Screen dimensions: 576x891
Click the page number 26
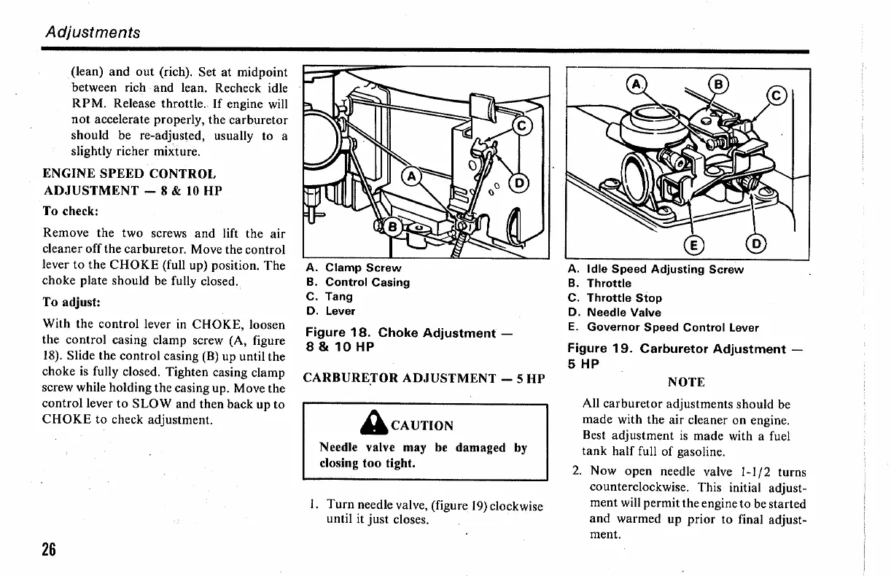pyautogui.click(x=48, y=549)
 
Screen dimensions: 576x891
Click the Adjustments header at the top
pyautogui.click(x=93, y=32)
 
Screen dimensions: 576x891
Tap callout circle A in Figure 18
pyautogui.click(x=412, y=177)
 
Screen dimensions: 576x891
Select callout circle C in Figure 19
pyautogui.click(x=777, y=96)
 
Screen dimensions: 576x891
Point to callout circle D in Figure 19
pyautogui.click(x=757, y=244)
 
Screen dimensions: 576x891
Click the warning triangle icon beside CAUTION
pyautogui.click(x=381, y=424)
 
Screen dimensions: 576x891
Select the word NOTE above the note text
pyautogui.click(x=686, y=382)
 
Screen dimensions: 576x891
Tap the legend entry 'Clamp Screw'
pyautogui.click(x=363, y=268)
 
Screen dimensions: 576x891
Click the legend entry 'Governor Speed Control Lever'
pyautogui.click(x=672, y=327)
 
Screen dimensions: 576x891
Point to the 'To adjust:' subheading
pyautogui.click(x=71, y=301)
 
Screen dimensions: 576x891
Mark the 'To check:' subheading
pyautogui.click(x=71, y=211)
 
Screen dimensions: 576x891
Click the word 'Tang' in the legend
pyautogui.click(x=338, y=297)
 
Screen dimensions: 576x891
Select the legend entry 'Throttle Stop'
pyautogui.click(x=624, y=297)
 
